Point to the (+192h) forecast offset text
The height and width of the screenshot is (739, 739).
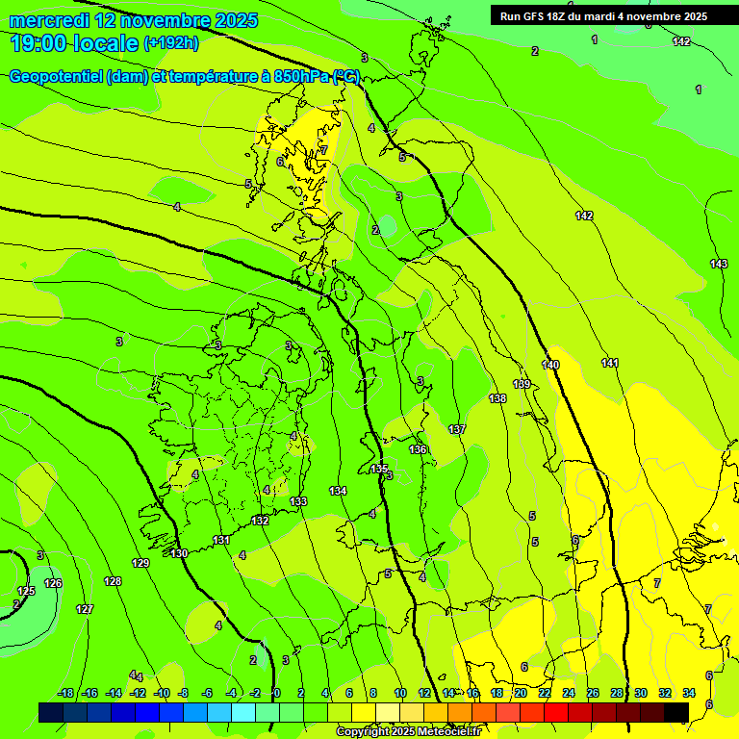[x=171, y=43]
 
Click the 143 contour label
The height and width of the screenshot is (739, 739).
[x=719, y=264]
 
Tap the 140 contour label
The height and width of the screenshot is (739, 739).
[x=550, y=365]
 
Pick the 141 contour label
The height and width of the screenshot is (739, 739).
[x=610, y=363]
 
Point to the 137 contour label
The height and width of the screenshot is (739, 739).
[x=457, y=429]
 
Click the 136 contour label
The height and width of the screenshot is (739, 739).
[x=418, y=449]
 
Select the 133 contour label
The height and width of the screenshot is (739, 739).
[x=298, y=501]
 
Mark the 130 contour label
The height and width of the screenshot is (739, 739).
[x=179, y=553]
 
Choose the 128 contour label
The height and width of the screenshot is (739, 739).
[x=113, y=581]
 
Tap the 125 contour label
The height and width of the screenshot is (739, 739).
[x=26, y=591]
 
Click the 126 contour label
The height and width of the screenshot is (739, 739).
[x=53, y=583]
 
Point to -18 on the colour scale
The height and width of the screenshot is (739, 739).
[x=65, y=693]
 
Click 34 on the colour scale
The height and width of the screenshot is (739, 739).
[x=689, y=693]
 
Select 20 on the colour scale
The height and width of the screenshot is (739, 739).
[x=521, y=693]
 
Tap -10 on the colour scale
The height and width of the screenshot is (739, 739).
[x=162, y=693]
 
